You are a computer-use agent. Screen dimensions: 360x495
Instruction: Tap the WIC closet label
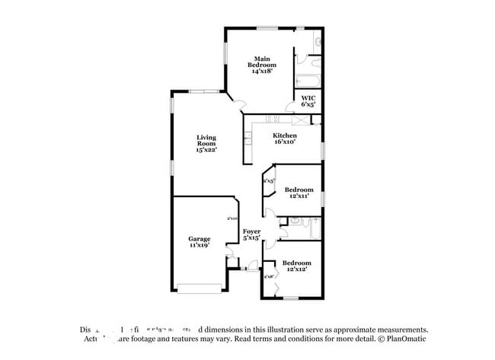click(308, 98)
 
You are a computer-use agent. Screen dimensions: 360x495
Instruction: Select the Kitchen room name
click(286, 135)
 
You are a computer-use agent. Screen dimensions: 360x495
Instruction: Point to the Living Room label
click(206, 141)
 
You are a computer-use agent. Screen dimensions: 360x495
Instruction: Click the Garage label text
click(200, 239)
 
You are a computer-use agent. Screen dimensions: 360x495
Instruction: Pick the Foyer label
click(251, 231)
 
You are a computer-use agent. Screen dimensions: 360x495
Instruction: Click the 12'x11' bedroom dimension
click(299, 196)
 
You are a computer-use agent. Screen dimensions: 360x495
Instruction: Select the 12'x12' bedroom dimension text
click(296, 269)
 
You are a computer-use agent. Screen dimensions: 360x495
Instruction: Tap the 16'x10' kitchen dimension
click(285, 142)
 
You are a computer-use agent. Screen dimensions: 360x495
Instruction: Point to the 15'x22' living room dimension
click(206, 150)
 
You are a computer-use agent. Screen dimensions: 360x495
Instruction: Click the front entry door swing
click(250, 266)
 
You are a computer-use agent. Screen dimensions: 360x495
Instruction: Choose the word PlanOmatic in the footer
click(406, 338)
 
